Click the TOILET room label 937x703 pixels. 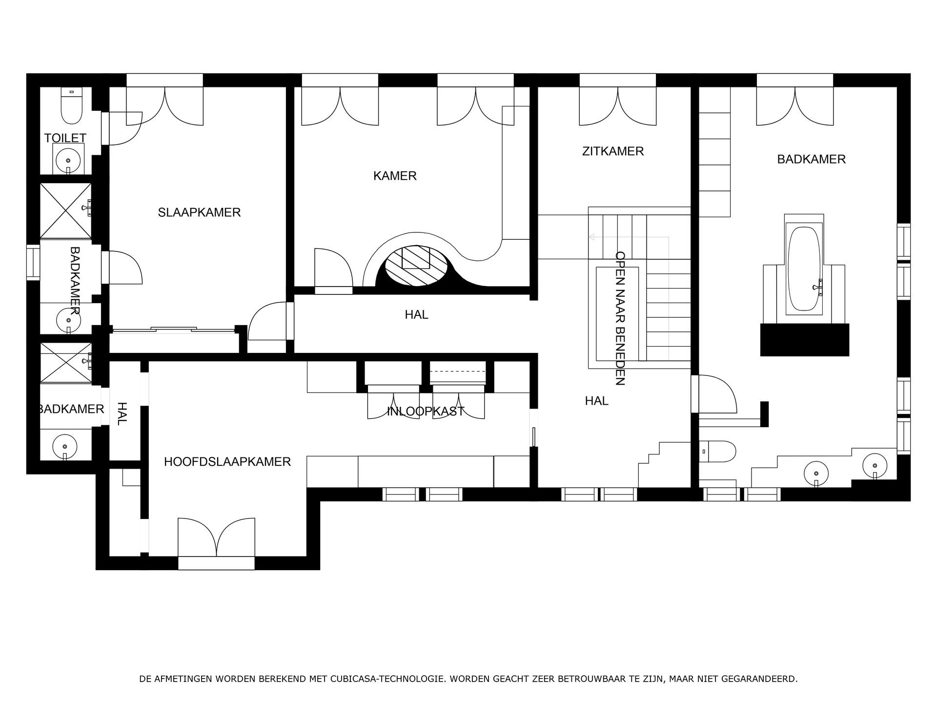coord(65,138)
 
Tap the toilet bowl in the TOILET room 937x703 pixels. coord(71,109)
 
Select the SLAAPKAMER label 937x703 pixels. coord(199,212)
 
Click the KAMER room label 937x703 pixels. coord(395,176)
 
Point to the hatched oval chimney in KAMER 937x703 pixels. coord(416,266)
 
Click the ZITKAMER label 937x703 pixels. coord(613,151)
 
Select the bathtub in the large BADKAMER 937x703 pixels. coord(804,268)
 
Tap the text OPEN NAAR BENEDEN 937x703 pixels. coord(620,318)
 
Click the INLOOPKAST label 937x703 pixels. coord(426,412)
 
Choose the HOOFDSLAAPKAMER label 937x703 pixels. coord(227,462)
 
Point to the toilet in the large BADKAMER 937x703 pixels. coord(718,452)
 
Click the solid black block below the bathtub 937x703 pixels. coord(804,339)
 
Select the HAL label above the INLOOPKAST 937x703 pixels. coord(416,315)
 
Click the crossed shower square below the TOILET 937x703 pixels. coord(65,211)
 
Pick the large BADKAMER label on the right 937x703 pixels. coord(811,159)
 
